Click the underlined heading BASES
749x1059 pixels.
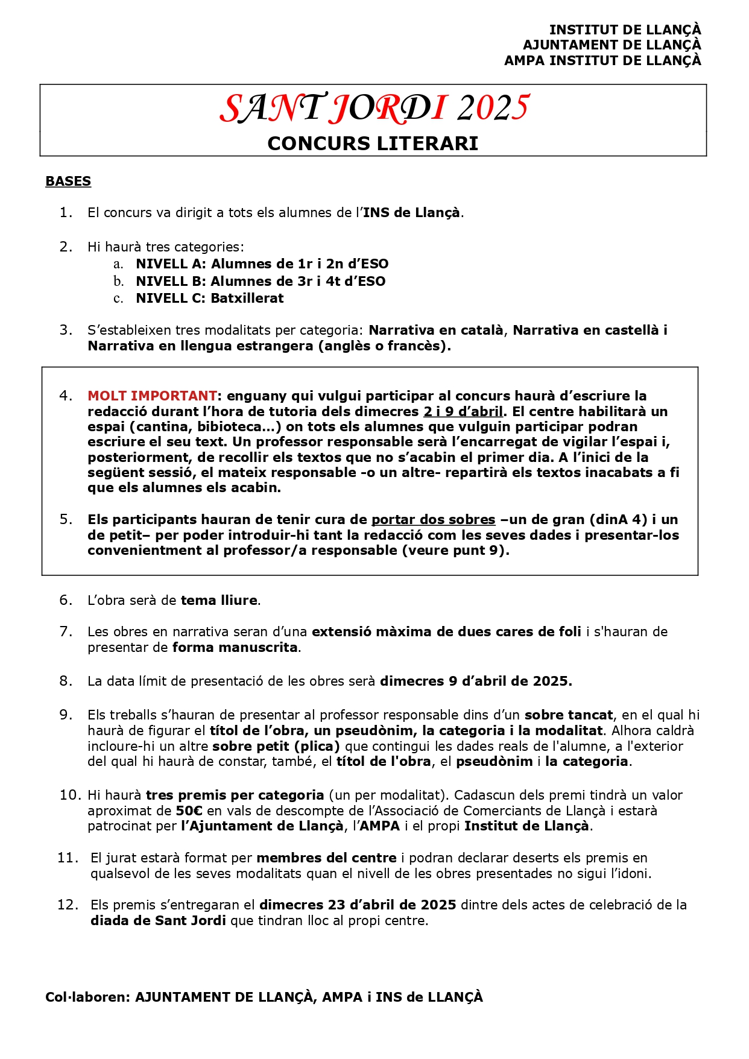point(68,182)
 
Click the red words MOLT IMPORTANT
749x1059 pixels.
point(152,396)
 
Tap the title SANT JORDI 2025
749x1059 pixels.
point(374,109)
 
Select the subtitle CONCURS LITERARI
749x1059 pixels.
point(373,144)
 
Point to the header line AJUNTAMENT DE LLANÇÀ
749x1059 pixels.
point(612,45)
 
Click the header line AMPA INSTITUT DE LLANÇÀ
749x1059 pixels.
point(602,61)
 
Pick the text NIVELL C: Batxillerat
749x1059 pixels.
point(209,299)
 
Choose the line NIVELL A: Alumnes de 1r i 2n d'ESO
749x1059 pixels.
point(262,264)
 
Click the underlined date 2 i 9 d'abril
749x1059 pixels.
point(463,412)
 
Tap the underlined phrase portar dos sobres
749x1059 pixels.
point(433,520)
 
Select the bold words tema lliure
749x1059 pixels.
point(219,601)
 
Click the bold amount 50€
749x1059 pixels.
point(189,811)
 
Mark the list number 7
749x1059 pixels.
point(66,632)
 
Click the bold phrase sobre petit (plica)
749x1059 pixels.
point(276,747)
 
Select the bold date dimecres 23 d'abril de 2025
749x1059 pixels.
point(358,905)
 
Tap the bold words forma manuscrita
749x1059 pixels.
point(235,648)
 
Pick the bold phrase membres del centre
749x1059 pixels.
point(326,858)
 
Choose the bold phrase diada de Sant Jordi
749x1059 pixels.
point(158,921)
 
